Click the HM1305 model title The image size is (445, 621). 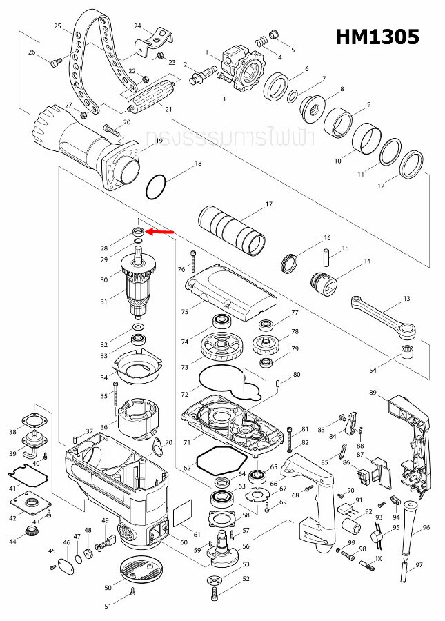[x=377, y=37]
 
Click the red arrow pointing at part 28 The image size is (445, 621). [x=159, y=233]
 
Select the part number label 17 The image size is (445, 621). [x=269, y=204]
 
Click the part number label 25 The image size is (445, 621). [x=58, y=26]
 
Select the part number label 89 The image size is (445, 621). [x=373, y=393]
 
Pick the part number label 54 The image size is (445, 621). [x=373, y=371]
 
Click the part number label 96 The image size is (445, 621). [x=426, y=528]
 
